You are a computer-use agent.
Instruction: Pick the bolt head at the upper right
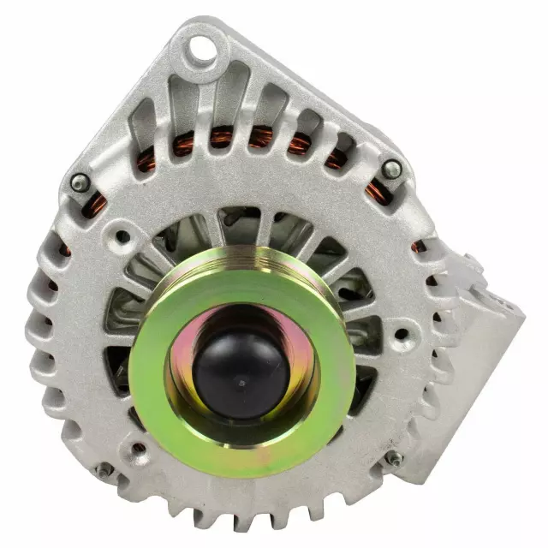pos(392,169)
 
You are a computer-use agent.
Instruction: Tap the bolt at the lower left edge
pos(104,469)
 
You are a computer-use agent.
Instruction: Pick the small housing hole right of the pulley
pos(401,334)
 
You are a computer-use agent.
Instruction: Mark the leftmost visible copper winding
pos(65,249)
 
